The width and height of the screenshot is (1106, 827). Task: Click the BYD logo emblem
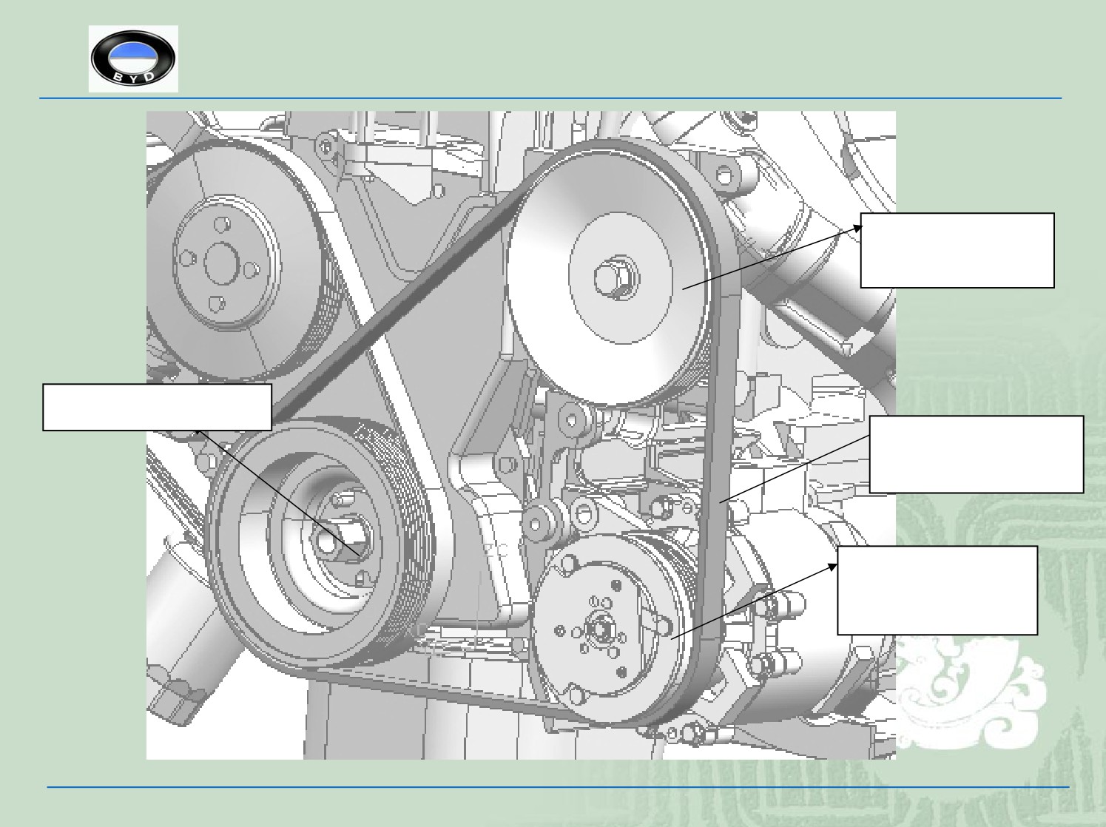133,58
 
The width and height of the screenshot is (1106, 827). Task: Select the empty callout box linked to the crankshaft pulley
158,408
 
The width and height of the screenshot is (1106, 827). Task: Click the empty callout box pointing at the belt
977,454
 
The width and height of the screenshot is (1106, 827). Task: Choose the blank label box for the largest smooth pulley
957,250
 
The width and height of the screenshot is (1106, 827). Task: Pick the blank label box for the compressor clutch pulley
937,590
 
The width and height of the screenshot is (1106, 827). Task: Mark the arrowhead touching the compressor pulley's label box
831,568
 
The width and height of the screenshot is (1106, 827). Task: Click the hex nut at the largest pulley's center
618,279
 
